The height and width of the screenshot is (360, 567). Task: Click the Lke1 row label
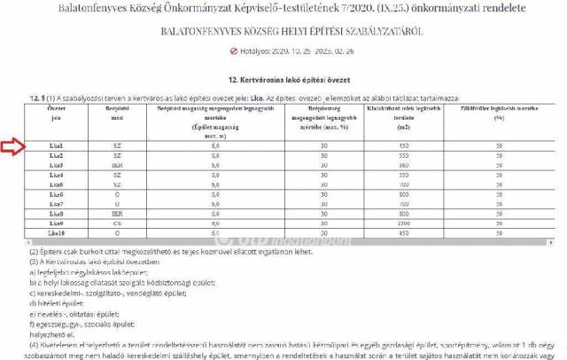[x=56, y=145]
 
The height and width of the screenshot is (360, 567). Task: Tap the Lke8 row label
[x=56, y=214]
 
